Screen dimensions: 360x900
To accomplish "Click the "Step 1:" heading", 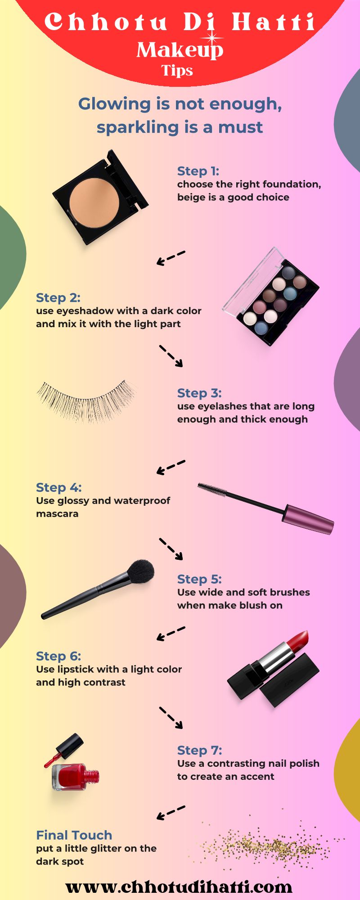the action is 198,171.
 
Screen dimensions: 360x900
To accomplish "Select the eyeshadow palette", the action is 270,296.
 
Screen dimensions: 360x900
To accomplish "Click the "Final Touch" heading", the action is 74,835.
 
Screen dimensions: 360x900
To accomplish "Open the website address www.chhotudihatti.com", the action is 179,887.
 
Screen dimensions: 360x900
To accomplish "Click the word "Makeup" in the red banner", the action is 180,50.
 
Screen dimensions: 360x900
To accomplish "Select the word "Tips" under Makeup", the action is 177,71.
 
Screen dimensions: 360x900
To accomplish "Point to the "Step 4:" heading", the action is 58,488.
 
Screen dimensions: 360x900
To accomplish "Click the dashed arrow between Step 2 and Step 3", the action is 171,356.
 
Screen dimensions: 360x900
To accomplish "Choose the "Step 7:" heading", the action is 199,751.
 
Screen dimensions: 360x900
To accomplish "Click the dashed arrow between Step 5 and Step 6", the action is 171,634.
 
